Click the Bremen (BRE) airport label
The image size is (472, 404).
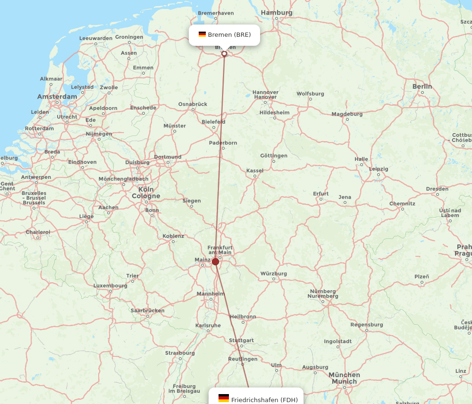click(229, 34)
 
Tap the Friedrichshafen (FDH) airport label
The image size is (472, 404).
click(264, 400)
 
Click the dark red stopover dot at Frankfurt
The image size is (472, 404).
click(215, 261)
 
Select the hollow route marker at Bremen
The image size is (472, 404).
click(224, 54)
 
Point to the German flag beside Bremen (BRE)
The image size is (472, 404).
click(202, 34)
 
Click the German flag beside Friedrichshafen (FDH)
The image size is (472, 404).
click(224, 399)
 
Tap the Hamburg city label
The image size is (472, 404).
click(277, 13)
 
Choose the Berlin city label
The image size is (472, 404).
click(422, 86)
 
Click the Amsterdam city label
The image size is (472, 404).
click(57, 97)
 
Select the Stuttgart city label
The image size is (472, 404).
click(241, 340)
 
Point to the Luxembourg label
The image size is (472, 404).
click(110, 286)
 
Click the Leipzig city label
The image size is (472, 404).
click(379, 169)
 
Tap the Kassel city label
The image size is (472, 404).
click(255, 170)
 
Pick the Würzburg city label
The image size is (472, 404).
click(274, 274)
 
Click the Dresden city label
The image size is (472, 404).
click(437, 189)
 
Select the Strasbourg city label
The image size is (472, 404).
click(180, 353)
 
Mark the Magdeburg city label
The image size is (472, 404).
click(347, 114)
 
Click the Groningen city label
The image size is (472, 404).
click(129, 37)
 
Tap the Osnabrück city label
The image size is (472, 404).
click(193, 104)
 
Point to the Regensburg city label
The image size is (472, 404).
click(367, 325)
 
